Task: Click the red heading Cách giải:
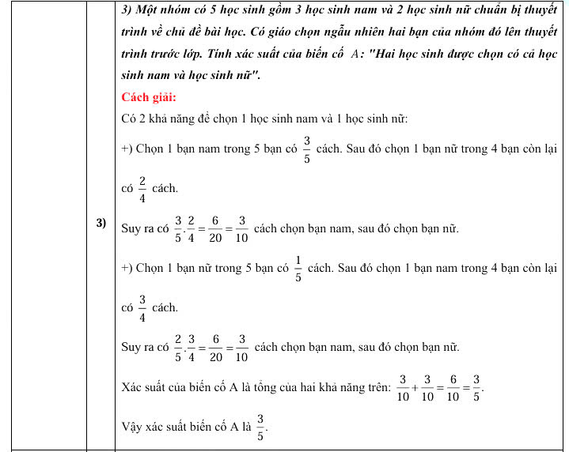(149, 97)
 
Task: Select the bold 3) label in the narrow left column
(101, 223)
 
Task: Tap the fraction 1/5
(298, 268)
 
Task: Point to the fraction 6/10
(453, 387)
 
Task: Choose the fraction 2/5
(178, 348)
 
